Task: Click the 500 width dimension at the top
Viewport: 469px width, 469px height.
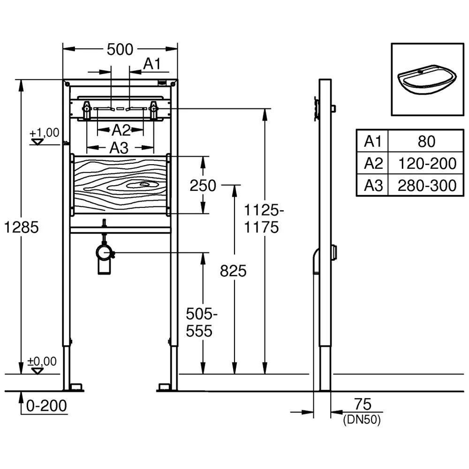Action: point(120,49)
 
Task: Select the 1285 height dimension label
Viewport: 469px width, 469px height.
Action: point(20,227)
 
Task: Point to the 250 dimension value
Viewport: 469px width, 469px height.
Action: point(203,186)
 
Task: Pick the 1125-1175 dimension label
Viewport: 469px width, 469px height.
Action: point(265,219)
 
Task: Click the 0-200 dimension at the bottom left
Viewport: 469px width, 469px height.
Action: point(46,405)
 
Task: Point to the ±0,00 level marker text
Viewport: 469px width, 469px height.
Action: point(42,361)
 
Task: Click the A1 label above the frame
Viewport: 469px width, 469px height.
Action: point(152,64)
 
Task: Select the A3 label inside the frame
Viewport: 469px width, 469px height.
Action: point(119,148)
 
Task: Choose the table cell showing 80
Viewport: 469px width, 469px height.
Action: point(426,141)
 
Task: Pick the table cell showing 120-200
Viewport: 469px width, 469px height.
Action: point(426,163)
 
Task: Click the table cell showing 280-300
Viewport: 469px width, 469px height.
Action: point(426,185)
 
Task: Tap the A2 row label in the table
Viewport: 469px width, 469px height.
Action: point(373,163)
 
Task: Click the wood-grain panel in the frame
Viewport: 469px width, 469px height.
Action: point(120,185)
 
